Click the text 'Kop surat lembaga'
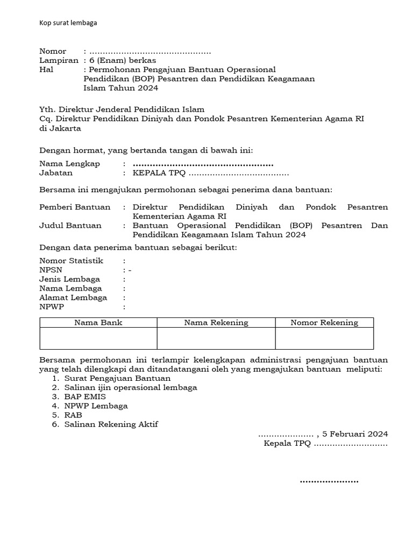[x=68, y=23]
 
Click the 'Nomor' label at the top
[x=53, y=52]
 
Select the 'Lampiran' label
[x=59, y=61]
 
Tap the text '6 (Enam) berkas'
[x=123, y=61]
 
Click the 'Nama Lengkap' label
[x=69, y=164]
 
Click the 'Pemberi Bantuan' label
[x=75, y=207]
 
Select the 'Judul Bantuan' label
[x=70, y=226]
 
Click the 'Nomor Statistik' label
[x=72, y=260]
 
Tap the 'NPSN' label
[x=51, y=270]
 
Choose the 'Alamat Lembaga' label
[x=73, y=298]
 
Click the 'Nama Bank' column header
[x=98, y=323]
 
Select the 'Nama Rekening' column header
[x=216, y=323]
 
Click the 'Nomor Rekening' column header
[x=324, y=323]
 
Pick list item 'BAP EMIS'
[x=85, y=397]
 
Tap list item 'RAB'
[x=73, y=415]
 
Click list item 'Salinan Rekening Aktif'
[x=111, y=424]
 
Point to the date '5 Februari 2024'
[x=355, y=434]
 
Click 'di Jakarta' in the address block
[x=60, y=128]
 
